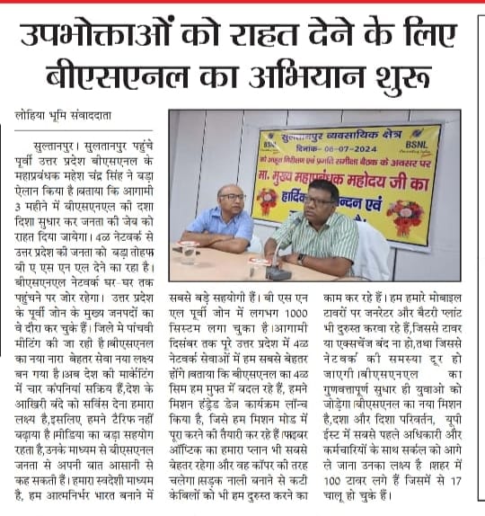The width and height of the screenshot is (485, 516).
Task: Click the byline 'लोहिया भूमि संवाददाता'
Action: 60,115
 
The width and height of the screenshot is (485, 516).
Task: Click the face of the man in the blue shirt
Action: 231,198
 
